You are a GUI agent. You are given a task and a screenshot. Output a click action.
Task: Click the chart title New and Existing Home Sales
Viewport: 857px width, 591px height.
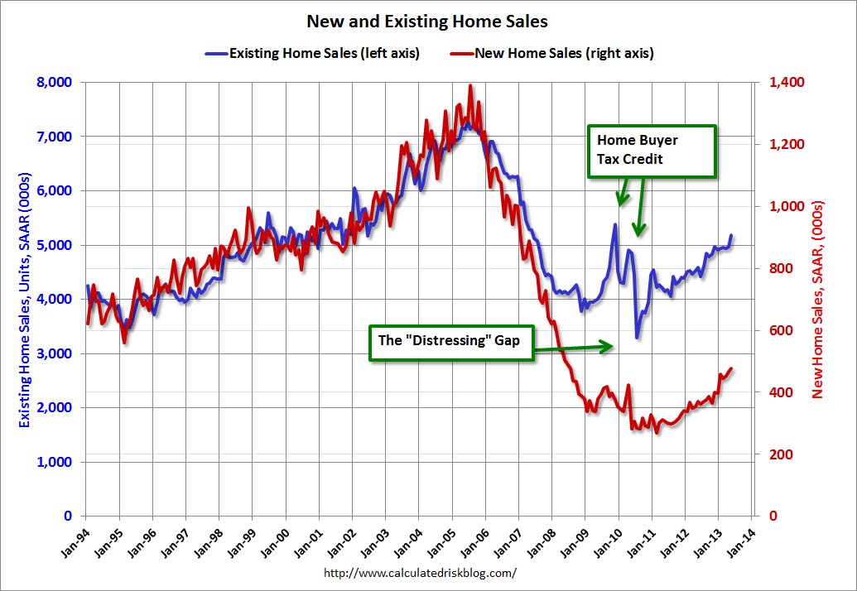tap(427, 21)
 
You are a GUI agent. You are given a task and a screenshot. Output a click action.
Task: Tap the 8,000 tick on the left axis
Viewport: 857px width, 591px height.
tap(55, 82)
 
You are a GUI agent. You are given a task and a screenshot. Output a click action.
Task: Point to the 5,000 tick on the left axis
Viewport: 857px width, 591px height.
tap(55, 245)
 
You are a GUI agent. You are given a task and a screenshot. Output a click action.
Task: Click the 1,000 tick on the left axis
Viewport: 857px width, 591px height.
tap(55, 462)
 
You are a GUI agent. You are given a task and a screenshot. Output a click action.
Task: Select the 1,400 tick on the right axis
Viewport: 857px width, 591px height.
tap(787, 82)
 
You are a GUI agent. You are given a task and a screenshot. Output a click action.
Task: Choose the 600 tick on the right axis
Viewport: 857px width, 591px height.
tap(782, 330)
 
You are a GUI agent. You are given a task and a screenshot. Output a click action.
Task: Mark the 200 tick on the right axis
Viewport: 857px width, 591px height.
tap(782, 454)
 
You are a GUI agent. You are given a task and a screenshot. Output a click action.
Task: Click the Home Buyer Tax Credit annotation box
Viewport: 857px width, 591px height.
tap(651, 151)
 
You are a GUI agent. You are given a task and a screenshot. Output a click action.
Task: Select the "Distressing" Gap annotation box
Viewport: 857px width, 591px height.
tap(450, 342)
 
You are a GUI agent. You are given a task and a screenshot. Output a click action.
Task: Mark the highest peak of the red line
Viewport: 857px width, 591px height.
tap(470, 85)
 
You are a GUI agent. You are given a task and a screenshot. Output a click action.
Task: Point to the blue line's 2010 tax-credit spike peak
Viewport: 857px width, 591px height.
tap(615, 224)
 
